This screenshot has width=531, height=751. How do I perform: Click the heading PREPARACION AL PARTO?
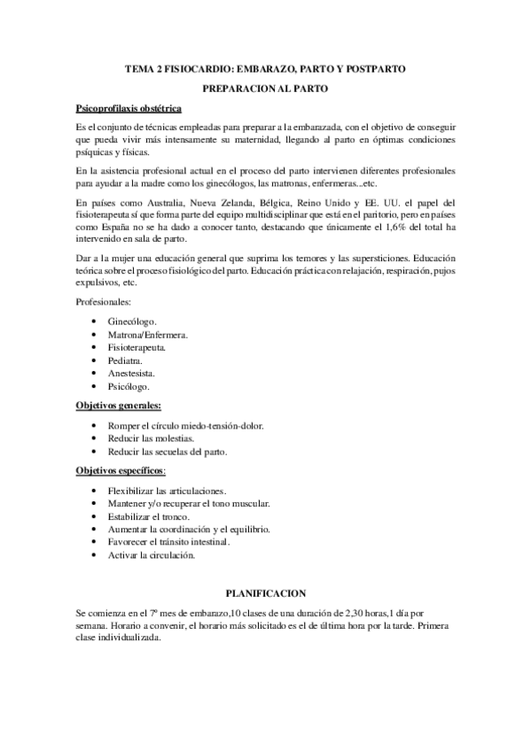265,89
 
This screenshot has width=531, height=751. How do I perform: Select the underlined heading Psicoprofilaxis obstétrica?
129,109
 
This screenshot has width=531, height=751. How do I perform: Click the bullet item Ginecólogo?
132,321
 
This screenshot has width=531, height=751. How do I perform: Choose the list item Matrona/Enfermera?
149,337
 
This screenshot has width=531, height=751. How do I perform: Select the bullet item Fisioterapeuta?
137,348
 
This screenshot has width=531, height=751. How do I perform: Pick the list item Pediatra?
125,362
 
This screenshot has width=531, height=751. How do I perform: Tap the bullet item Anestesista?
133,375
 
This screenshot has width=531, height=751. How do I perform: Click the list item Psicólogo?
129,388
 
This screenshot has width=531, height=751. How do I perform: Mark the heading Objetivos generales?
119,406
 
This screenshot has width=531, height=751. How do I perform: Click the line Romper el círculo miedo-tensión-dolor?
185,426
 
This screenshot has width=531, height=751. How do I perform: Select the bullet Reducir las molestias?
150,438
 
